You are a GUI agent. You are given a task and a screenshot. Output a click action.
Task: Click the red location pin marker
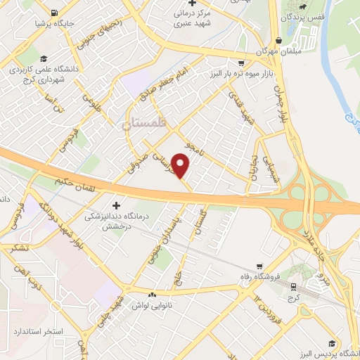pos(181,167)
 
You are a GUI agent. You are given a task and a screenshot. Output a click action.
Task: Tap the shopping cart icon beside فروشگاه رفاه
pos(261,266)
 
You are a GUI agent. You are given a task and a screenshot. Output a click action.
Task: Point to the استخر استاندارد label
pos(39,330)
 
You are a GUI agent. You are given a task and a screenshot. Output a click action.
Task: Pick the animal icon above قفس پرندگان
pos(301,7)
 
